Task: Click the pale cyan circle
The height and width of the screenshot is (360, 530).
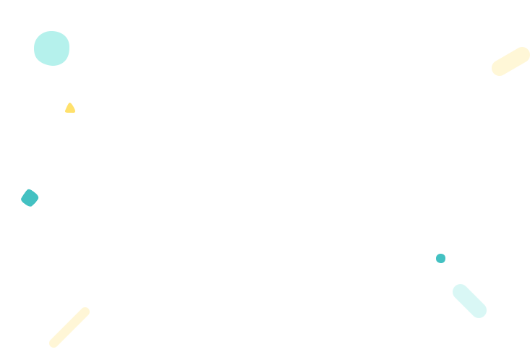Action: [x=52, y=48]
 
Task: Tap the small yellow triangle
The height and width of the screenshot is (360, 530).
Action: [x=70, y=108]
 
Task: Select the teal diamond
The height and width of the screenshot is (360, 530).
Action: [x=30, y=197]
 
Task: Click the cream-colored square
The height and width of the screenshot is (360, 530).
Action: [x=510, y=61]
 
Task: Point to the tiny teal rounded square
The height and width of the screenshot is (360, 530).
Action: [x=440, y=258]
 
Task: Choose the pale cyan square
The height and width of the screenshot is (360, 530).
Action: [x=468, y=301]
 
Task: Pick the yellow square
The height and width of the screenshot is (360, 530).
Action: [x=65, y=326]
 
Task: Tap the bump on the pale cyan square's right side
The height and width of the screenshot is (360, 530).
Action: [x=484, y=310]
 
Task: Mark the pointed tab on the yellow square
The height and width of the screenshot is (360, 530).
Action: [x=87, y=312]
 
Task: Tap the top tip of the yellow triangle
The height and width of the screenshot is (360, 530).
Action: [x=70, y=103]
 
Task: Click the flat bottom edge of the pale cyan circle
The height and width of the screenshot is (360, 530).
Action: [x=53, y=65]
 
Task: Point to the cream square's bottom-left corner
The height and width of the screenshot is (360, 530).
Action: [x=493, y=77]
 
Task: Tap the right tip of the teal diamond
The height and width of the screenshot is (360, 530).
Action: [x=39, y=197]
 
